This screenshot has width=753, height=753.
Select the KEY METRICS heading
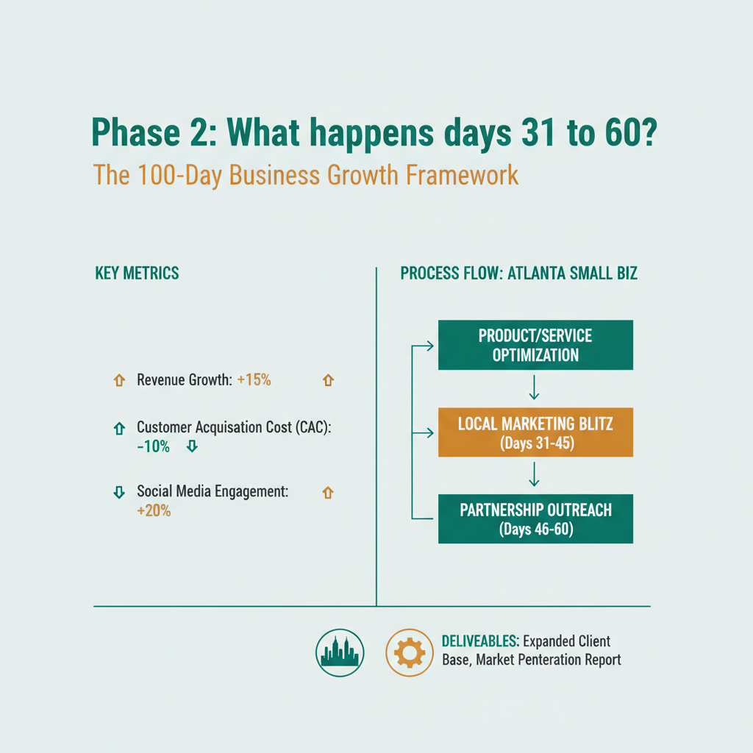(137, 273)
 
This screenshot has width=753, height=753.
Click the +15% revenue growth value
(254, 380)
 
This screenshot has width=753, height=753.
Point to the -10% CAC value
(153, 446)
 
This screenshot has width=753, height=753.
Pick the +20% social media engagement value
(154, 511)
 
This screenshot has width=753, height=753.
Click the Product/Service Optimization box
(535, 345)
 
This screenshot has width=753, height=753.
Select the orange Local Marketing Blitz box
(535, 432)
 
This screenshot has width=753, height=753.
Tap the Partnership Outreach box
(535, 518)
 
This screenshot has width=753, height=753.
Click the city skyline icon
(339, 652)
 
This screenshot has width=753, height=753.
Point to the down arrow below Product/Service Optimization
(535, 388)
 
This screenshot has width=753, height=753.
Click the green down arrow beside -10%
(192, 446)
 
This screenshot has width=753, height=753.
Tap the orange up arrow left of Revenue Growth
(117, 380)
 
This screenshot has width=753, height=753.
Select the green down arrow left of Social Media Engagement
(118, 493)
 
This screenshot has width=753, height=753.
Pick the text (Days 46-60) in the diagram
(535, 528)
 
